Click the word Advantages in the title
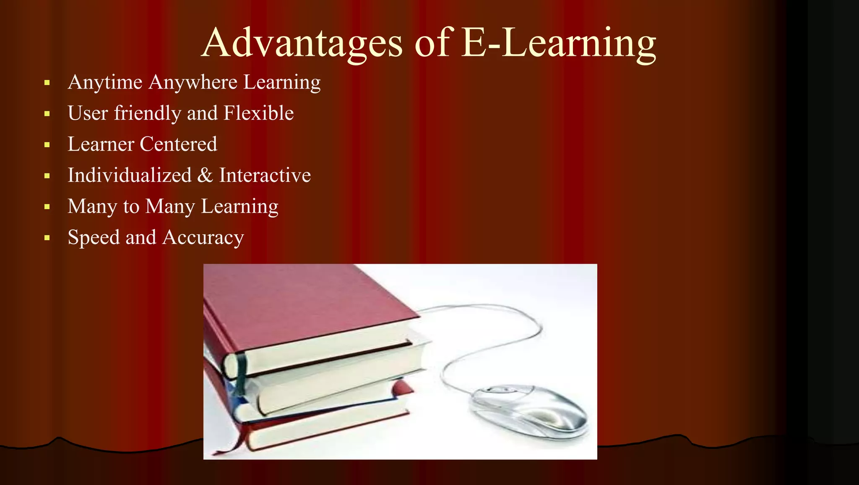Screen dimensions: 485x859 tap(302, 43)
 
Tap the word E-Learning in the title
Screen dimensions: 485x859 tap(558, 43)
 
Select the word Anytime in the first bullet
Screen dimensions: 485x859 tap(105, 82)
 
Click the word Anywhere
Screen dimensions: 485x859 tap(193, 82)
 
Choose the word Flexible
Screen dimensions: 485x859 tap(258, 113)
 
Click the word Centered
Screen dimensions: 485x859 tap(178, 144)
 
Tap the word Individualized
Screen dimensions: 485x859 tap(130, 175)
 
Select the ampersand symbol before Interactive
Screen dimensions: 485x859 tap(205, 175)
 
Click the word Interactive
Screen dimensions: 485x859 tap(265, 175)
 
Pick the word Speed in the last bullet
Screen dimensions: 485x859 tap(94, 237)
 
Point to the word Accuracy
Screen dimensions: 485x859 tap(203, 238)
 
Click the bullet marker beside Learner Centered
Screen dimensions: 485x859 tap(47, 145)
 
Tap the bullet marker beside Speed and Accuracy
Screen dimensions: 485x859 tap(47, 238)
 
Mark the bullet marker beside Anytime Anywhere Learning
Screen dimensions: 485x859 tap(47, 83)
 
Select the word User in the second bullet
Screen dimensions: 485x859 tap(88, 113)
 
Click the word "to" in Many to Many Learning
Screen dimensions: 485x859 tap(131, 207)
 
